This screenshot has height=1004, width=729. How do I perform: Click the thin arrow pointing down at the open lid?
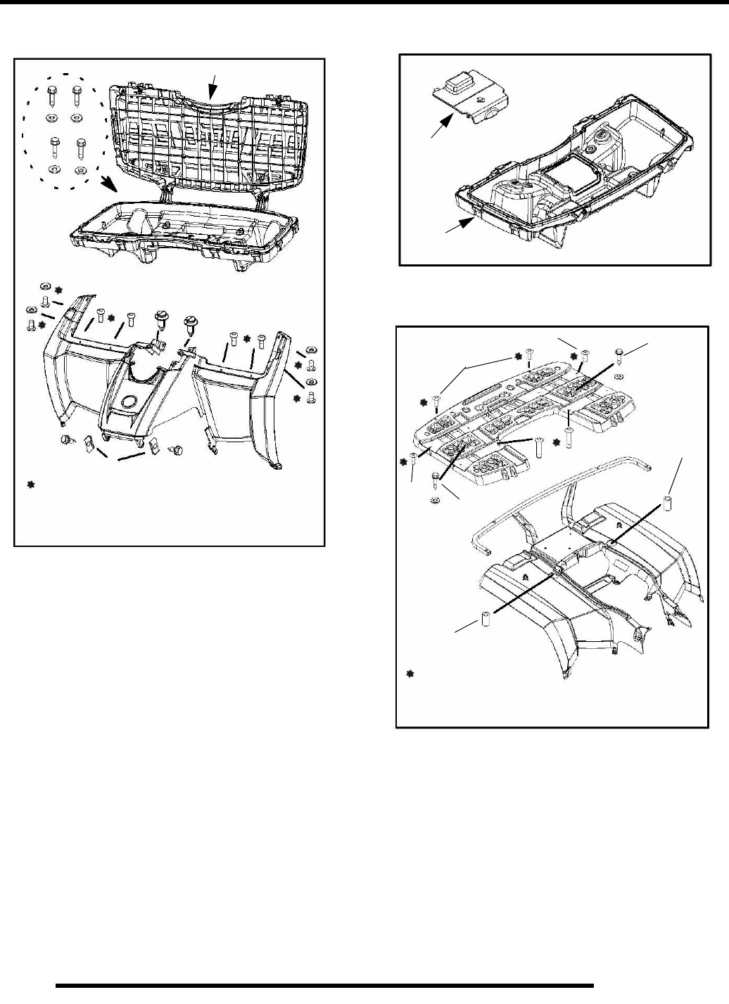click(x=212, y=88)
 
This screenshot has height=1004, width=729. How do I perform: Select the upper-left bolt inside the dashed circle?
click(x=52, y=96)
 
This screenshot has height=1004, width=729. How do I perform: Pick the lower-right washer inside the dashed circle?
click(x=80, y=170)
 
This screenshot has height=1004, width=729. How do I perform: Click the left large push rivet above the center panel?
click(x=160, y=323)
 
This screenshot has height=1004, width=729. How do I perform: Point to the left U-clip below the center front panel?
click(x=89, y=444)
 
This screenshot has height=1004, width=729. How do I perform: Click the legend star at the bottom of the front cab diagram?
click(x=30, y=484)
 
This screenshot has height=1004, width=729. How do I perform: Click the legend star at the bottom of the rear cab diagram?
click(x=411, y=674)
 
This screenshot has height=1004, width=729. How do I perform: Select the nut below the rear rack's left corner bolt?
click(x=433, y=500)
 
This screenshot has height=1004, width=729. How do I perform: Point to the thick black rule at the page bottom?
click(x=324, y=985)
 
